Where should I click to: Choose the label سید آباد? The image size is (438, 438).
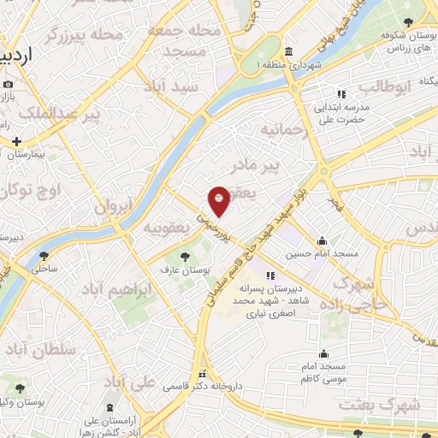tap(173, 87)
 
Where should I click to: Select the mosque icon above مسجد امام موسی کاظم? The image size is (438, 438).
tap(323, 353)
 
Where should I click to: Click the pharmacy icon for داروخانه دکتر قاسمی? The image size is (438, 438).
tap(203, 374)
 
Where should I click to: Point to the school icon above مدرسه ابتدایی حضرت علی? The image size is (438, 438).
tap(340, 94)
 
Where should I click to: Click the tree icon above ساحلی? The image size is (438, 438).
tap(44, 255)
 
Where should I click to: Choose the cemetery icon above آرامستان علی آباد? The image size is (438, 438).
tap(109, 408)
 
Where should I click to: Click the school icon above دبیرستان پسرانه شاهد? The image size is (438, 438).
tap(270, 275)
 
